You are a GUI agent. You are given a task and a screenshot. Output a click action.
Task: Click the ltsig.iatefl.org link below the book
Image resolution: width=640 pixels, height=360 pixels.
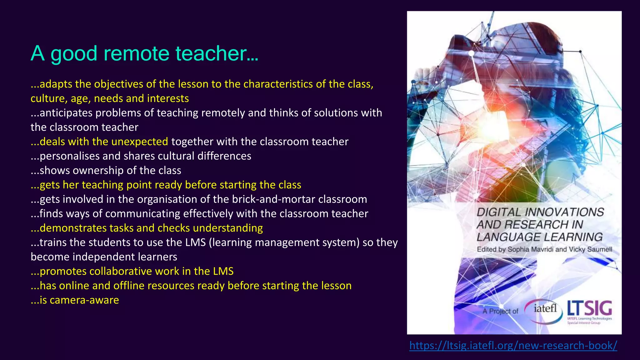[x=513, y=345]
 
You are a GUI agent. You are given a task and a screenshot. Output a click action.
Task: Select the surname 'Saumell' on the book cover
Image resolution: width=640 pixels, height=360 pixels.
[x=600, y=249]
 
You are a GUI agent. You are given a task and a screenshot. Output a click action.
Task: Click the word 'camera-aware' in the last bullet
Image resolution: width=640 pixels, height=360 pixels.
[x=84, y=300]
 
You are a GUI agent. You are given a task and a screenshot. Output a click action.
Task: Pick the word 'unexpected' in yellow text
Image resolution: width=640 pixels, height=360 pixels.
[x=140, y=142]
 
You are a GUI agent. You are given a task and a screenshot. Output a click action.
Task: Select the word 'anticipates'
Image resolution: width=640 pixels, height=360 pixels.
[x=66, y=113]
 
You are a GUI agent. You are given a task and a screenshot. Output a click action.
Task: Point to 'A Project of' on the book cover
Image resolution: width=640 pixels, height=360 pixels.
[x=500, y=311]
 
